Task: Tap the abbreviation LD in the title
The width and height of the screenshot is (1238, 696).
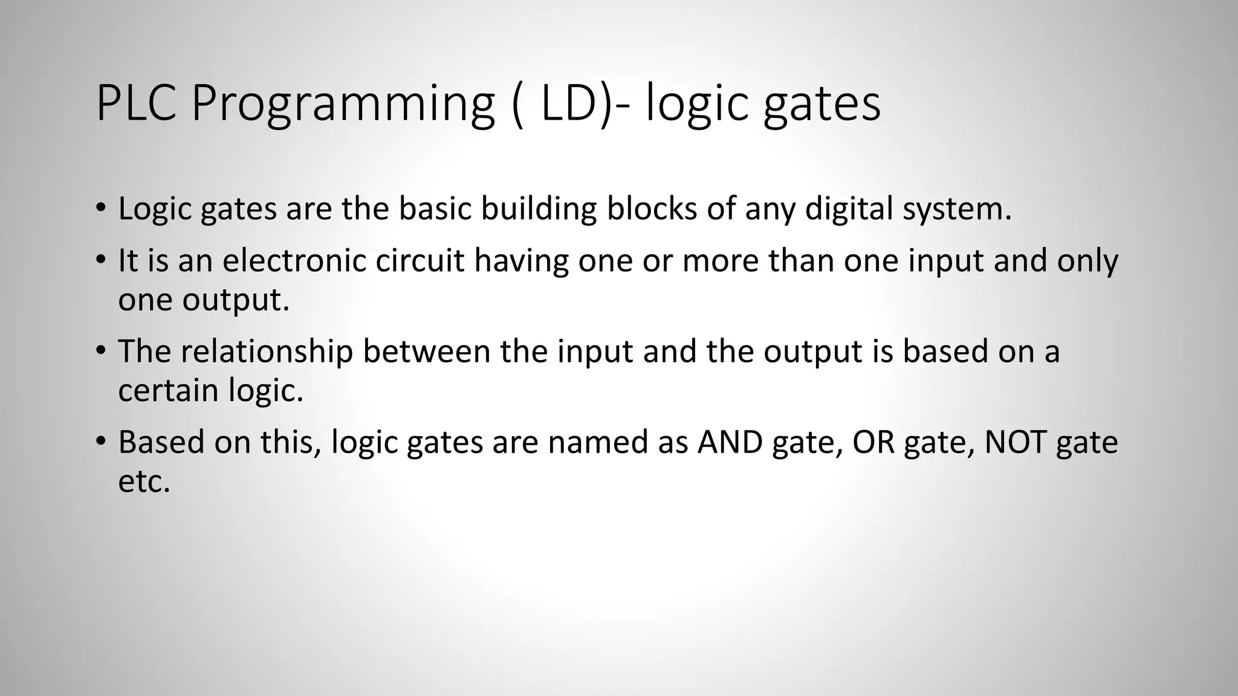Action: (568, 103)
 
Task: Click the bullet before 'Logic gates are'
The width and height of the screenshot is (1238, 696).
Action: (100, 208)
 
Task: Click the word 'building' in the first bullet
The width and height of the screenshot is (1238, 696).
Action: (539, 208)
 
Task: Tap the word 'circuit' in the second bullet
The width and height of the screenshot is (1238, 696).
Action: (420, 260)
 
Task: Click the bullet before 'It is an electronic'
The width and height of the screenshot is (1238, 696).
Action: (100, 260)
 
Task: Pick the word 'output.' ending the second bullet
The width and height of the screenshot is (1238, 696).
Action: (236, 300)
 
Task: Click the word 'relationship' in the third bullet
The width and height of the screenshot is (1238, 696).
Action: (267, 351)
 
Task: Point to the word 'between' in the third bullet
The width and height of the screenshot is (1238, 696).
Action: (426, 351)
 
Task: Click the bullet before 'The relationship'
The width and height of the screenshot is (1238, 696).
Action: (100, 351)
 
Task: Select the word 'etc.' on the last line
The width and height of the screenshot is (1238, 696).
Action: (144, 482)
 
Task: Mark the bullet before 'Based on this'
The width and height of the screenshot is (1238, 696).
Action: (100, 442)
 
